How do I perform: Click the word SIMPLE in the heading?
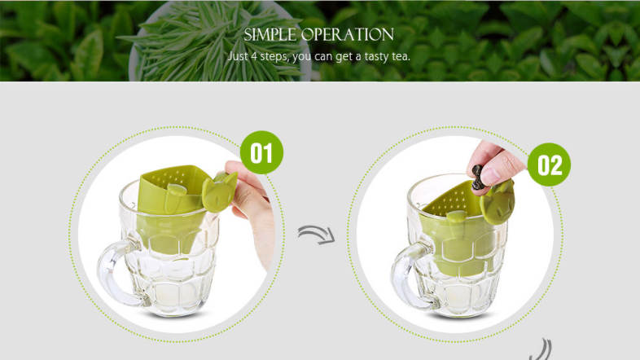pos(270,35)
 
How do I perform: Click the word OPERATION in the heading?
pos(348,35)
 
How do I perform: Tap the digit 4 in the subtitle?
pos(253,56)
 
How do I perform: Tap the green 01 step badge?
pos(261,152)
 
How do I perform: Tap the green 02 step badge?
pos(549,165)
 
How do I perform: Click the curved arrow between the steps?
pos(317,235)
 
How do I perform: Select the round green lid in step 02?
pos(497,203)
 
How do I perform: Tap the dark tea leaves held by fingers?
pos(477,177)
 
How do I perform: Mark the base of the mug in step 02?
pos(460,311)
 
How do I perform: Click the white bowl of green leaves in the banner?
pos(220,41)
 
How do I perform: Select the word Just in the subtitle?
pos(237,56)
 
